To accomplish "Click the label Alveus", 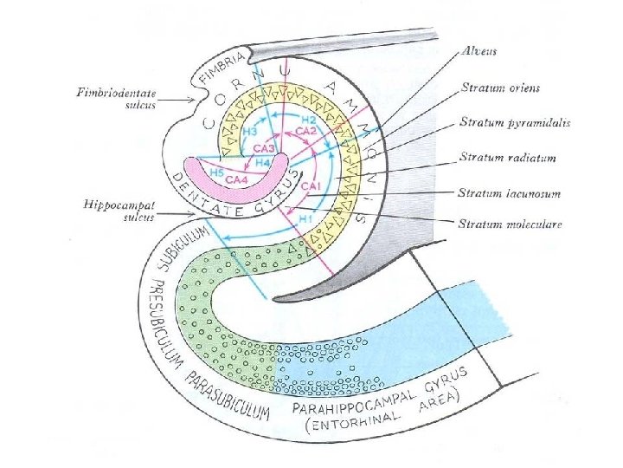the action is tap(479, 51).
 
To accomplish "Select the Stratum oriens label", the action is tap(500, 88).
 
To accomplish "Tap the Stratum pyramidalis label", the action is tap(515, 122).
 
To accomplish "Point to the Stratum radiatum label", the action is tap(507, 158).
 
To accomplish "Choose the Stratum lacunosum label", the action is tap(510, 193).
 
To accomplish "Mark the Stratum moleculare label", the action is tap(511, 224).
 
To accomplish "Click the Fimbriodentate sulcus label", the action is tap(116, 99).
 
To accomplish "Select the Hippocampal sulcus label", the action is tap(119, 211).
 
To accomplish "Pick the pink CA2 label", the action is tap(306, 131).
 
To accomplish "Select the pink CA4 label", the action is tap(237, 179).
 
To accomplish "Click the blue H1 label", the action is tap(305, 218).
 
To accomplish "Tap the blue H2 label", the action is tap(309, 119).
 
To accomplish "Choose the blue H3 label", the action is tap(250, 133).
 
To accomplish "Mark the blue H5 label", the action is tap(216, 172).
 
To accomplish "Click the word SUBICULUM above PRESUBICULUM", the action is tap(183, 249).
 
